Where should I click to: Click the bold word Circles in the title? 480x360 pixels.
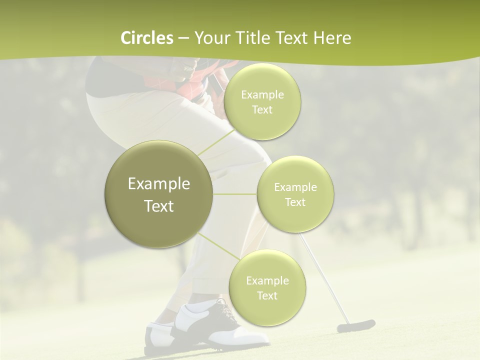click(x=146, y=38)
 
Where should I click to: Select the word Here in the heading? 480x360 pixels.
click(x=332, y=38)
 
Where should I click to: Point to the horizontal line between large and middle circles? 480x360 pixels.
click(x=235, y=194)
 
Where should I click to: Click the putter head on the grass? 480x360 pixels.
click(x=355, y=326)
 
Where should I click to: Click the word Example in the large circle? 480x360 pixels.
click(x=158, y=184)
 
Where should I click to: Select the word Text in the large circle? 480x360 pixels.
click(x=158, y=206)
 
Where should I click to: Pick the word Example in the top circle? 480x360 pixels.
click(x=262, y=95)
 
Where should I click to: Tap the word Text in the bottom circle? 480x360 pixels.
click(x=267, y=296)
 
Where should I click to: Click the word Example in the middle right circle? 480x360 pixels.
click(x=295, y=187)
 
